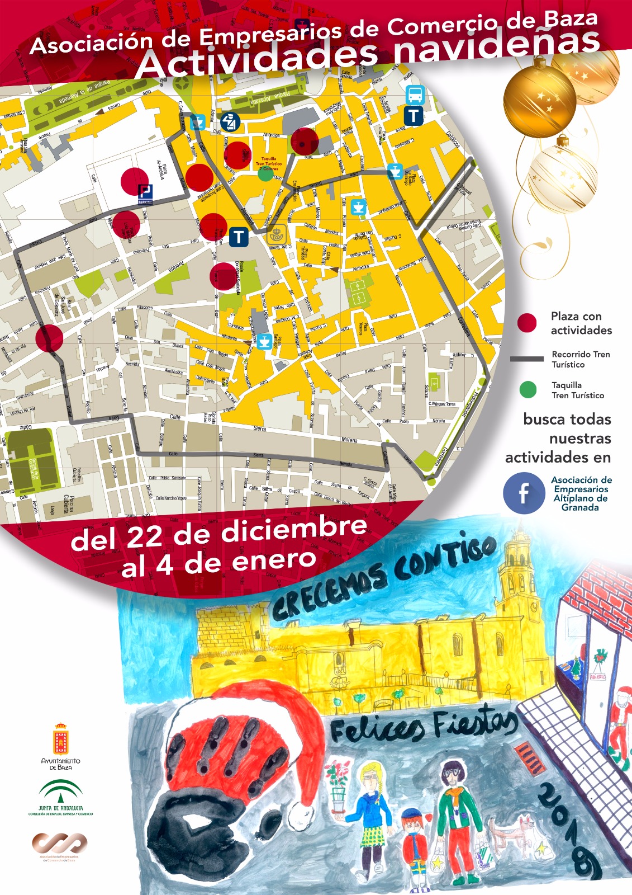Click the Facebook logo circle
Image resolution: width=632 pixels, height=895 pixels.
[524, 493]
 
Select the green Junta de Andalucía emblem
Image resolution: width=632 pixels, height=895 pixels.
[60, 792]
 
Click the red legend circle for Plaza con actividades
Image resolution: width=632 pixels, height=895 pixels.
[526, 323]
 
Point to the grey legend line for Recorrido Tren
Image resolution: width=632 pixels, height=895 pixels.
[526, 359]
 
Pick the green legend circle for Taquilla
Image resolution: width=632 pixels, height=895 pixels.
[528, 389]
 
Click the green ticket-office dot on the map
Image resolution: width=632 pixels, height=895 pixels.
[266, 173]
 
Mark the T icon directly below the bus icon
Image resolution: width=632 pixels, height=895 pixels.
[414, 116]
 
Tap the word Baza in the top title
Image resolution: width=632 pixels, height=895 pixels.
[570, 21]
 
